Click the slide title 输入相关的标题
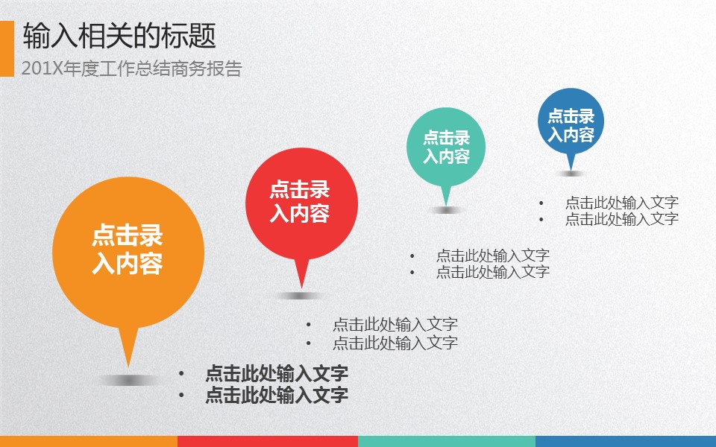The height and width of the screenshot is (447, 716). (x=119, y=36)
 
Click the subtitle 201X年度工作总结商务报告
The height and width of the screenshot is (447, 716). (x=131, y=69)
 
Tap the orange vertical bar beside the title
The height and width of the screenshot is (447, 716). (x=7, y=48)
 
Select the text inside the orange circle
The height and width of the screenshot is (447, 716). (x=128, y=249)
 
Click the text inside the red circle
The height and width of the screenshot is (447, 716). (x=300, y=201)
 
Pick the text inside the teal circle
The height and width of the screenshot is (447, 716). (x=446, y=147)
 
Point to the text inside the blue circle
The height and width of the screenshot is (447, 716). (x=571, y=125)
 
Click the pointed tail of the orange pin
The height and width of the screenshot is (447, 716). (x=128, y=366)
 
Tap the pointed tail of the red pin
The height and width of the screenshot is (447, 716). (x=301, y=288)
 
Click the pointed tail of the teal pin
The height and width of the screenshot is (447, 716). (x=446, y=205)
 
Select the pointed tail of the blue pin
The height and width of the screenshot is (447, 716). (x=571, y=170)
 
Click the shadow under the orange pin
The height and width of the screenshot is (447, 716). (x=128, y=380)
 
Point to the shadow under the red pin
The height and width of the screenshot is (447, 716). (x=301, y=296)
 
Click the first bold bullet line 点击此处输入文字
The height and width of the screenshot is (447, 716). (x=277, y=373)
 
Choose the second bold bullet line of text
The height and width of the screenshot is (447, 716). (x=277, y=395)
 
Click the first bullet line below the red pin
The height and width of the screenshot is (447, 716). (x=395, y=325)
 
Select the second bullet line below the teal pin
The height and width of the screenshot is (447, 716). (x=493, y=272)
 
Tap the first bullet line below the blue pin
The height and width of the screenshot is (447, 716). (x=622, y=202)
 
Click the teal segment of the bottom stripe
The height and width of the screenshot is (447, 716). (x=447, y=441)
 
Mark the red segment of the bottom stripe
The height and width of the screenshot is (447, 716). (x=268, y=441)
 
